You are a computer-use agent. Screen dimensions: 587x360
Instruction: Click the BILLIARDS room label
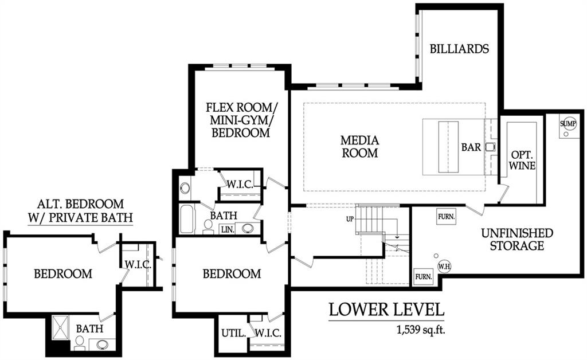pyautogui.click(x=459, y=49)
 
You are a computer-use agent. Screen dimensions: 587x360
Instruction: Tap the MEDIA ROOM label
pyautogui.click(x=360, y=146)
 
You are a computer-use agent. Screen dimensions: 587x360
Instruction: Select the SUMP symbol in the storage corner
pyautogui.click(x=568, y=123)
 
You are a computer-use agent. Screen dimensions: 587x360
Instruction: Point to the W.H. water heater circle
pyautogui.click(x=444, y=267)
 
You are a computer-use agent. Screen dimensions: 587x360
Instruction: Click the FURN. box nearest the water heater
pyautogui.click(x=423, y=276)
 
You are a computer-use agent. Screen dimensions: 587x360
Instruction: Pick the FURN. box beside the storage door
pyautogui.click(x=446, y=217)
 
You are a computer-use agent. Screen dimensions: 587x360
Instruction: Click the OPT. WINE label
pyautogui.click(x=522, y=160)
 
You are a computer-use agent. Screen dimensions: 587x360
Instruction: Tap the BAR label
pyautogui.click(x=471, y=147)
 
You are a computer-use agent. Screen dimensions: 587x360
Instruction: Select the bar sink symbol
pyautogui.click(x=491, y=147)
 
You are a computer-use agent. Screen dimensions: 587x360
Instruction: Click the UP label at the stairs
pyautogui.click(x=350, y=219)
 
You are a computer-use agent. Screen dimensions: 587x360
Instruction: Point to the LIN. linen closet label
pyautogui.click(x=227, y=229)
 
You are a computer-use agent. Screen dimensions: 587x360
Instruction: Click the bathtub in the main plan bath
pyautogui.click(x=187, y=219)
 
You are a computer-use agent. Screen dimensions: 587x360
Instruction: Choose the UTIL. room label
pyautogui.click(x=234, y=332)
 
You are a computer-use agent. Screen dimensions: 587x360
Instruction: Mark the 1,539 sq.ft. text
pyautogui.click(x=421, y=330)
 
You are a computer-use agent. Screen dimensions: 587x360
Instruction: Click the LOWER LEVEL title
pyautogui.click(x=387, y=310)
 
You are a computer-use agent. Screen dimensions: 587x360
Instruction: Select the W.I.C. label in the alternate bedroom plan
pyautogui.click(x=138, y=265)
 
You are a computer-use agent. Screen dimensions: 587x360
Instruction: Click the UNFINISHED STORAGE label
pyautogui.click(x=517, y=240)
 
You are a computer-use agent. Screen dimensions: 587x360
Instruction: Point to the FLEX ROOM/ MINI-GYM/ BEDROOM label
pyautogui.click(x=241, y=120)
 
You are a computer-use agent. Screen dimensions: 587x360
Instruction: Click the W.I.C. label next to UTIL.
pyautogui.click(x=268, y=332)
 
